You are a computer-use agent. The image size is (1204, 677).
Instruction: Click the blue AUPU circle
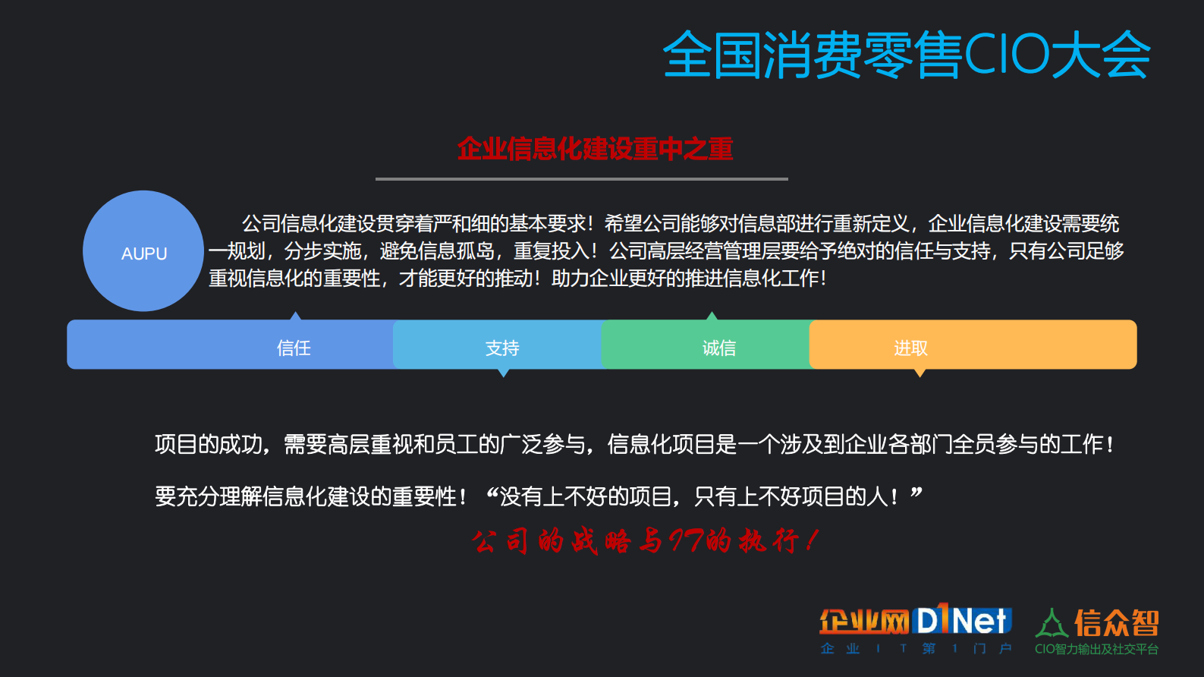[143, 251]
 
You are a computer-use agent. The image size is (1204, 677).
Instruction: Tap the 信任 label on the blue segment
[294, 348]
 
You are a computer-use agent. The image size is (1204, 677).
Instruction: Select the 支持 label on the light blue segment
[502, 348]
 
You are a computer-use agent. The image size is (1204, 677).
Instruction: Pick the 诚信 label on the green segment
[718, 348]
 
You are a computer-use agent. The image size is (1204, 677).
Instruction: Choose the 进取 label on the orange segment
[910, 348]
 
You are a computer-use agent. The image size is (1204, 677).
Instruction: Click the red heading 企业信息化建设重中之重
[595, 149]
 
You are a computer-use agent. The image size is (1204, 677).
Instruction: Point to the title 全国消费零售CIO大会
[907, 55]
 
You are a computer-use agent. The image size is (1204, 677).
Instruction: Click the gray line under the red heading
[581, 179]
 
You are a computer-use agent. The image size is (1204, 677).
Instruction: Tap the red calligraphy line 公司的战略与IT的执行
[645, 541]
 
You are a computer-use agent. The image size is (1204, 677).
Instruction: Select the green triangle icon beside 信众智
[1052, 623]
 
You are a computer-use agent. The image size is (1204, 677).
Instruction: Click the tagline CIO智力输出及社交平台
[1096, 649]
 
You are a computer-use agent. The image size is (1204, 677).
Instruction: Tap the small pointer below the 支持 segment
[503, 373]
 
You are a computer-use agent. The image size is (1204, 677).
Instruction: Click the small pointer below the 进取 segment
[920, 373]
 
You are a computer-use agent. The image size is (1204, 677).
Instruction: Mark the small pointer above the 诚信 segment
[712, 316]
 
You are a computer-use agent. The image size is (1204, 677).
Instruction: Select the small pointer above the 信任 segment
[296, 316]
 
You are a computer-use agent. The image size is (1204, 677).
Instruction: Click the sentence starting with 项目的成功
[633, 444]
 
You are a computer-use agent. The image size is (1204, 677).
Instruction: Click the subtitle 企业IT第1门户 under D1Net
[916, 648]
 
